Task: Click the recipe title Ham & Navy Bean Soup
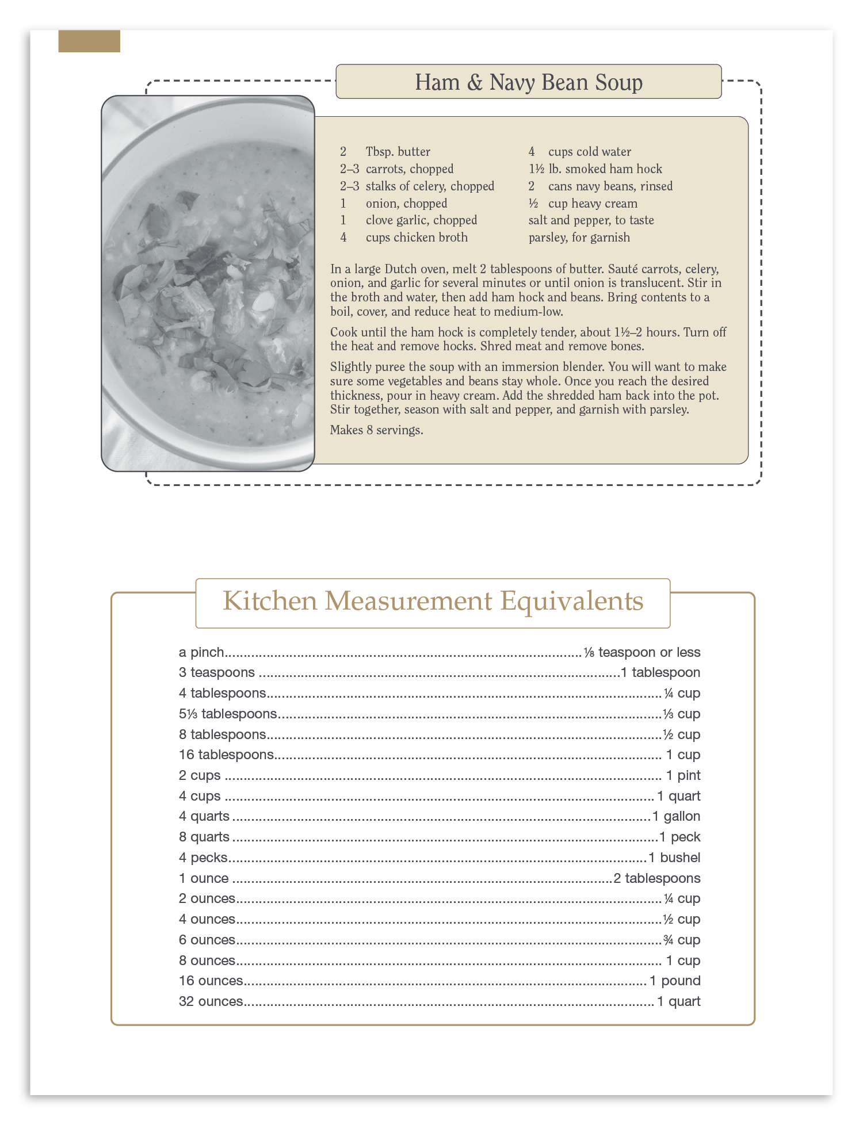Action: (528, 82)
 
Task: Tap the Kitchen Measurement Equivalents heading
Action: (433, 601)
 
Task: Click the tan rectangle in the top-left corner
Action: (89, 41)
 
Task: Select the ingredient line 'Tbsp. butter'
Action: (398, 152)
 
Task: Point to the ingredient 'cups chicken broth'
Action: (417, 238)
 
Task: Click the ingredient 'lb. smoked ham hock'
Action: (605, 169)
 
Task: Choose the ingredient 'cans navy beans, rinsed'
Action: (610, 186)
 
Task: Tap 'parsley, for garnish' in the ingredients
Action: (579, 238)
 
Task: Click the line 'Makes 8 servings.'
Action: (376, 430)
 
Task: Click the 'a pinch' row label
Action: (201, 652)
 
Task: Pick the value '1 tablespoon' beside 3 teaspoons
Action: (660, 672)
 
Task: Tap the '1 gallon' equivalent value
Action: (676, 816)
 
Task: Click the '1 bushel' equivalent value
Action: (674, 858)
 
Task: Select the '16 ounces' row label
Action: (211, 981)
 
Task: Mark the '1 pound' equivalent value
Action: (675, 981)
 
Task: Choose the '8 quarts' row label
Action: (204, 837)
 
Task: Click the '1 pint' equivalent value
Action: (683, 775)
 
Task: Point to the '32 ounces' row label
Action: (211, 1001)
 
